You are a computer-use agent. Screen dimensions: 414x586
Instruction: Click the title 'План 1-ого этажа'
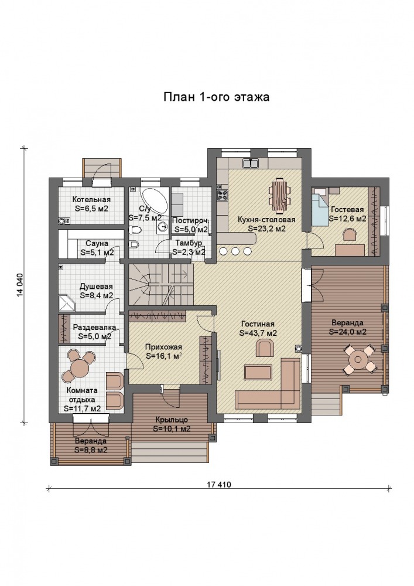pos(217,97)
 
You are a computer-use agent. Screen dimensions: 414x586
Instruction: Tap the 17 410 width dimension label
pos(219,485)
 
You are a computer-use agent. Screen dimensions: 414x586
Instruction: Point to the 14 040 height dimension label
pos(20,286)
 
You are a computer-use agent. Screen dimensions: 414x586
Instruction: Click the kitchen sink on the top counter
pos(251,163)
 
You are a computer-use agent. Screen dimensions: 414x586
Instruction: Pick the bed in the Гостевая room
pos(320,210)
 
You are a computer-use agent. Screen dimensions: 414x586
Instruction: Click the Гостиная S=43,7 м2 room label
pos(258,328)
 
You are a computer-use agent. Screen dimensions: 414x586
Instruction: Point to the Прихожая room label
pos(163,351)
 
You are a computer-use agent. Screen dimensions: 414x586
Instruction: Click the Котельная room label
pos(91,204)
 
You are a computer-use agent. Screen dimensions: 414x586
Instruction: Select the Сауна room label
pos(97,248)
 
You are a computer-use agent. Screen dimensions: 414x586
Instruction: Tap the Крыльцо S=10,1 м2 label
pos(172,424)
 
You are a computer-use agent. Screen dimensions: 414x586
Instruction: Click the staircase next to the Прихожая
pos(161,284)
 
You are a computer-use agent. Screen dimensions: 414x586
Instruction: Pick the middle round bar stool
pos(235,251)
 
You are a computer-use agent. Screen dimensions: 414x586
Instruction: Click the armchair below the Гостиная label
pos(265,348)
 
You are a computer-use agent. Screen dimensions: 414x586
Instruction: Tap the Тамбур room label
pos(189,247)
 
